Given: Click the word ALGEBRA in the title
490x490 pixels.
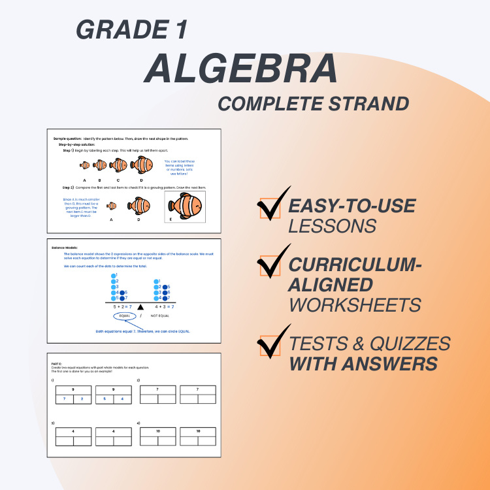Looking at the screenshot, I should click(x=241, y=67).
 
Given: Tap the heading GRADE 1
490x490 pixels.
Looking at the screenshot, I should click(x=132, y=29).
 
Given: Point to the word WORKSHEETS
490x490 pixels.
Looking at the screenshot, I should click(x=355, y=304).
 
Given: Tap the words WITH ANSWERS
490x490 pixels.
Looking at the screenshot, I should click(x=364, y=364).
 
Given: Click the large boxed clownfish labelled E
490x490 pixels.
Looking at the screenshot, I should click(x=185, y=206).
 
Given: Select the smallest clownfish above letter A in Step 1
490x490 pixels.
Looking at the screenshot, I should click(x=84, y=166).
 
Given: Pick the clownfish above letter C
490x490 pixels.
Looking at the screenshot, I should click(x=118, y=165).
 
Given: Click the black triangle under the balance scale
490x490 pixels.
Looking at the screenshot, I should click(x=140, y=306).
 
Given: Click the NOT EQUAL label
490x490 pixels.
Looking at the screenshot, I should click(x=160, y=316).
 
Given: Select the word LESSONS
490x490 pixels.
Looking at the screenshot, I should click(x=333, y=226).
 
